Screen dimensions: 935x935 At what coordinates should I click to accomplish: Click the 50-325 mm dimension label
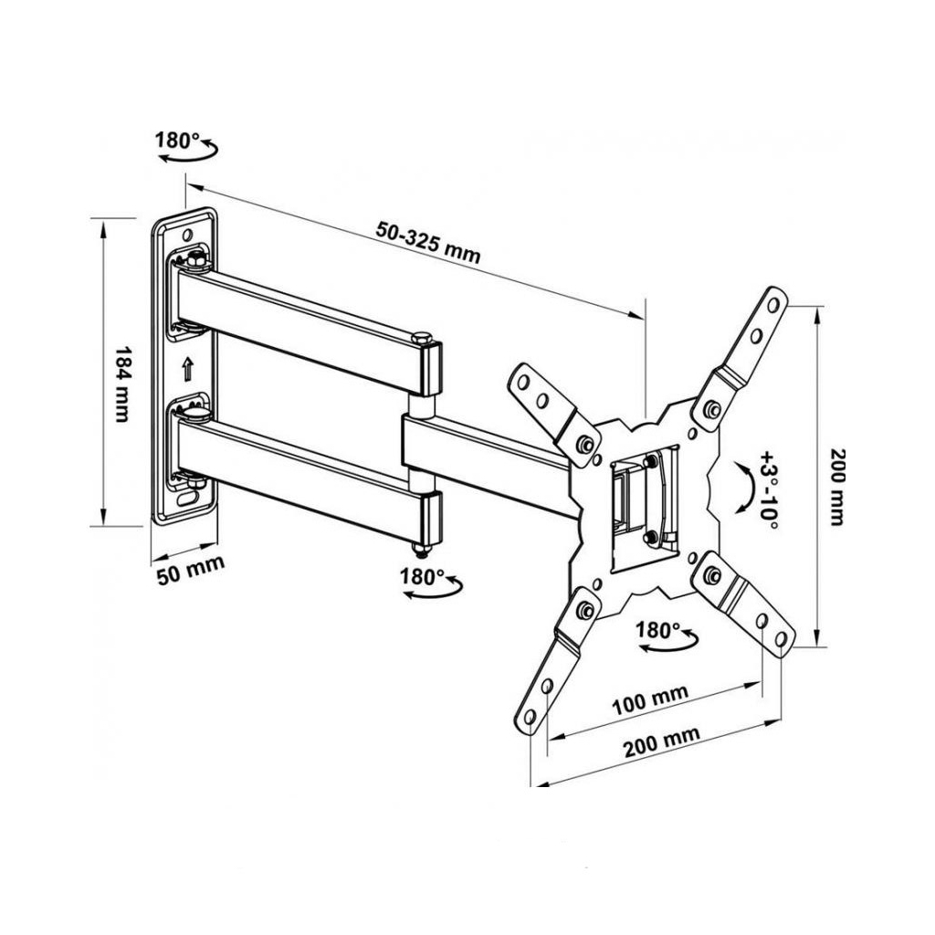(x=427, y=241)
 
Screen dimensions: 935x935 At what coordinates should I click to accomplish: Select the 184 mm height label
(x=122, y=384)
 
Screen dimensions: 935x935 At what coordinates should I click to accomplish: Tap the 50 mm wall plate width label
(x=191, y=570)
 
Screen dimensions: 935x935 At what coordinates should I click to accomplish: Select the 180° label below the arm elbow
(x=422, y=577)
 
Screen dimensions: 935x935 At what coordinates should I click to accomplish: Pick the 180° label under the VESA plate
(x=657, y=630)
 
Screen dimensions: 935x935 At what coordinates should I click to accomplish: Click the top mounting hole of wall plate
(x=187, y=234)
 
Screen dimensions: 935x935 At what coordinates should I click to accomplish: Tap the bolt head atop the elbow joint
(x=422, y=338)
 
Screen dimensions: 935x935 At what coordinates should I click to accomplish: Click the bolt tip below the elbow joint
(x=422, y=551)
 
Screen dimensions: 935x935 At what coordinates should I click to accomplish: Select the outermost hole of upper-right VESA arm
(x=772, y=305)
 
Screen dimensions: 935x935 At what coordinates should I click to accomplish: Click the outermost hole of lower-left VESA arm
(x=529, y=716)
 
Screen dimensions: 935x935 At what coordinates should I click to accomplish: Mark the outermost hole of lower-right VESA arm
(x=781, y=639)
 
